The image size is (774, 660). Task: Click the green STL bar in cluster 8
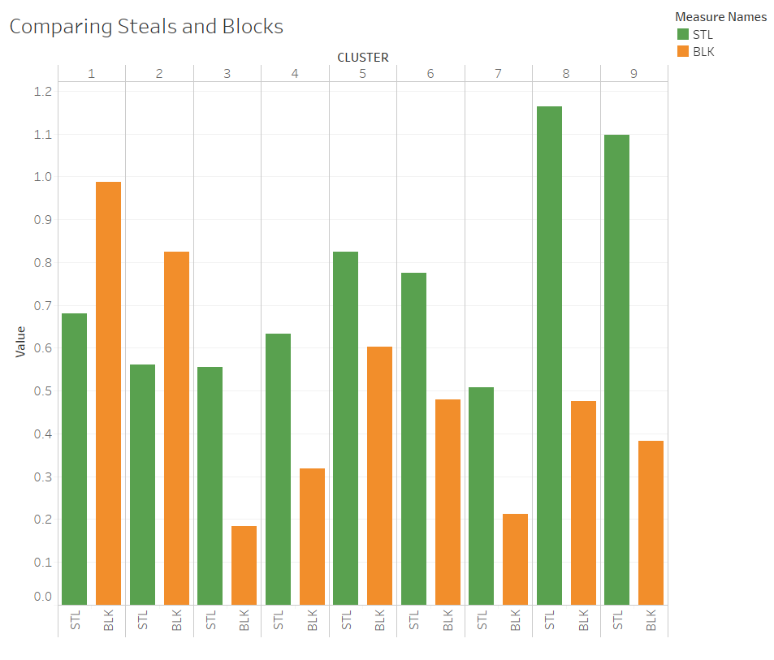tap(549, 356)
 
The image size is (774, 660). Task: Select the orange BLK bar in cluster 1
tap(108, 393)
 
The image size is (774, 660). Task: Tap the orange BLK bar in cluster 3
tap(244, 565)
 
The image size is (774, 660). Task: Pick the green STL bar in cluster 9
tap(616, 370)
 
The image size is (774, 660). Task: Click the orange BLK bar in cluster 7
tap(516, 559)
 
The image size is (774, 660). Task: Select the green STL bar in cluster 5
tap(345, 428)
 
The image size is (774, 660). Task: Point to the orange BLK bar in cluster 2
tap(177, 428)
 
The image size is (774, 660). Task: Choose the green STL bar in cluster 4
tap(278, 469)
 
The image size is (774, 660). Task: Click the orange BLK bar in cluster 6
tap(448, 503)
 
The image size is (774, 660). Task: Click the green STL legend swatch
tap(683, 34)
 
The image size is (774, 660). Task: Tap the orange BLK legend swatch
tap(683, 51)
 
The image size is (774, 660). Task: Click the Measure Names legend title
tap(720, 17)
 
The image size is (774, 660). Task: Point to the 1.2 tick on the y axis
tap(43, 91)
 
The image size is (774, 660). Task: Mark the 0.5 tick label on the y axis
tap(43, 391)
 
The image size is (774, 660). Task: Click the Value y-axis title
tap(20, 341)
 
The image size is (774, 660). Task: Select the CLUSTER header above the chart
tap(363, 57)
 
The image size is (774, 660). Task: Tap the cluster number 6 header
tap(430, 74)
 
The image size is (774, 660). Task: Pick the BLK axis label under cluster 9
tap(651, 620)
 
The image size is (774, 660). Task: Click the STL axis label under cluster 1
tap(75, 620)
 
